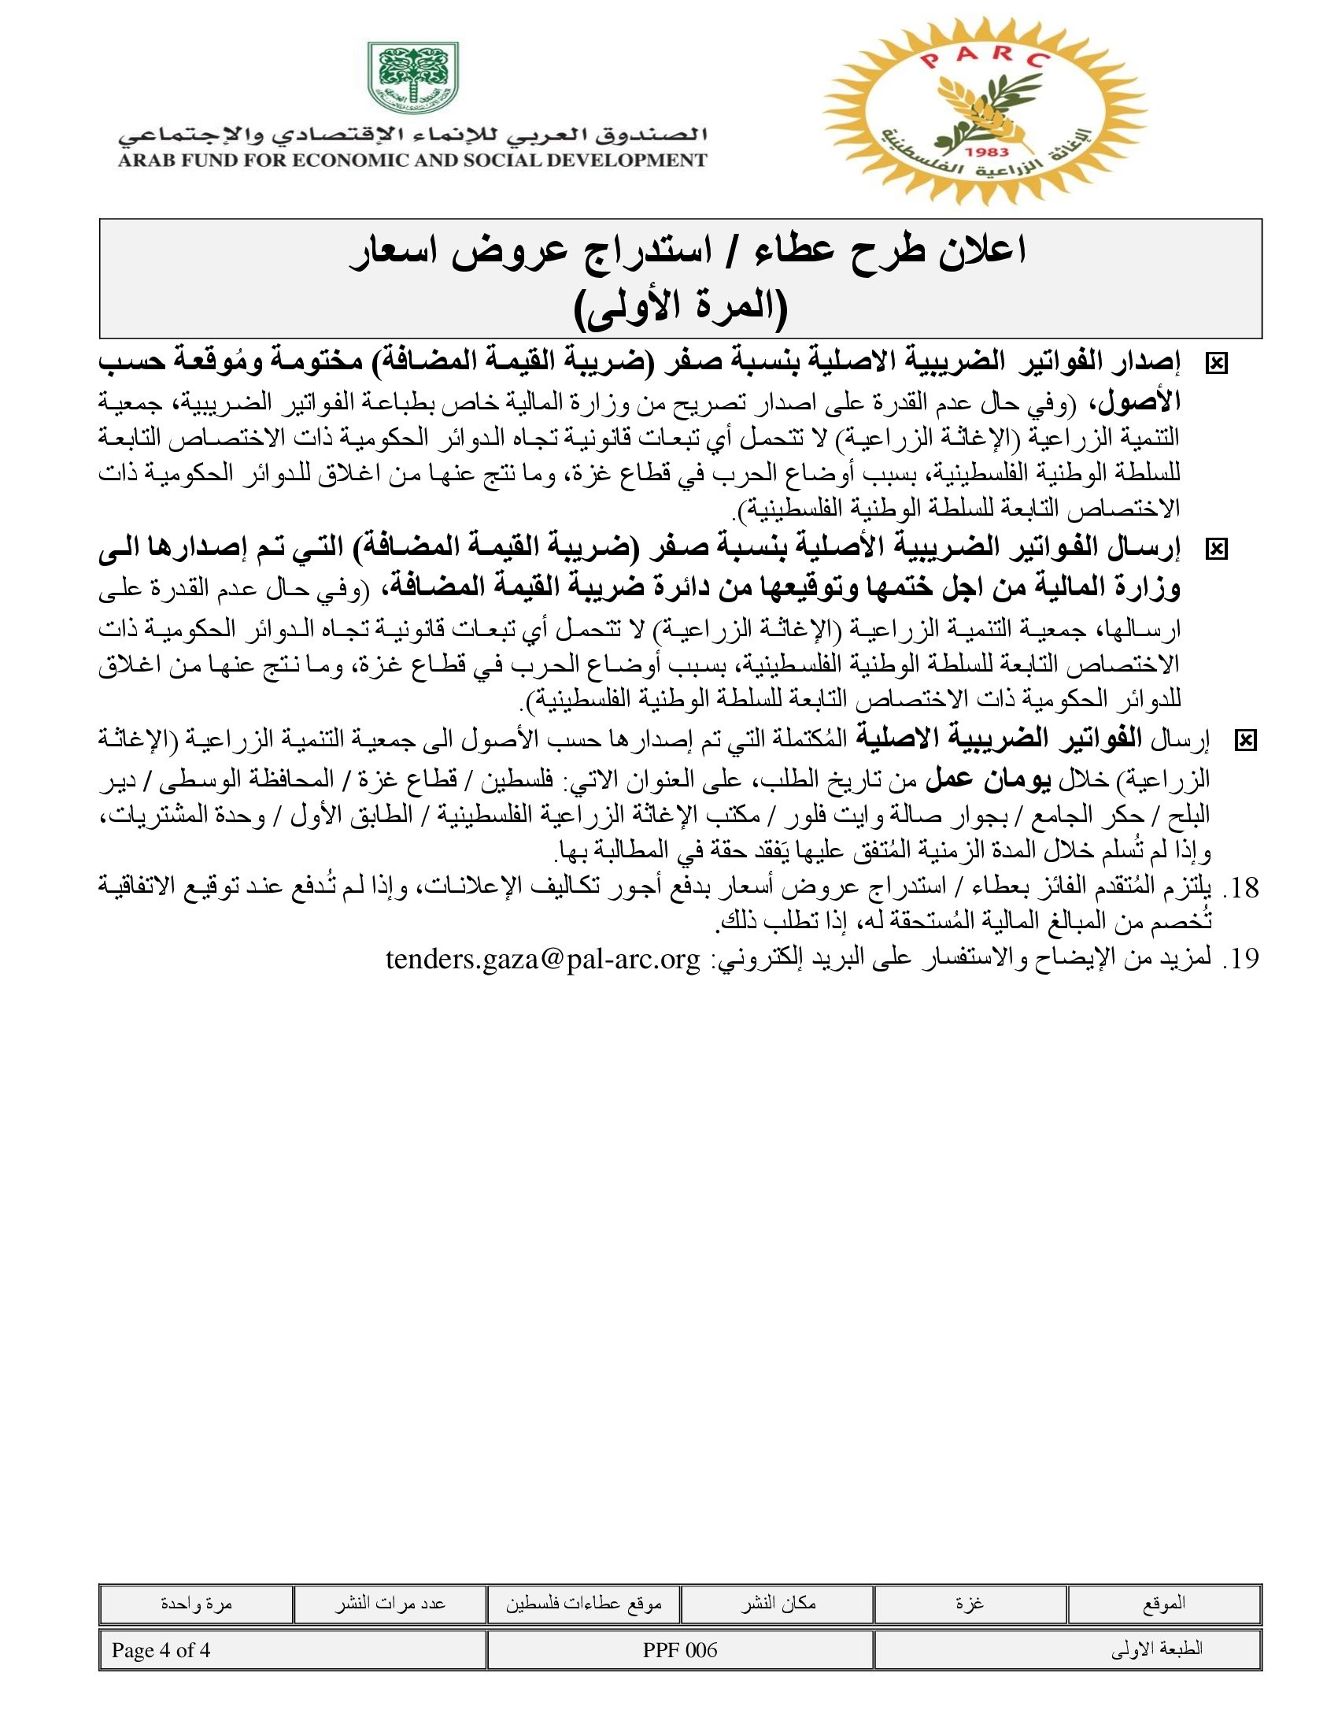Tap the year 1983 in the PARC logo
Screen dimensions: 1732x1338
point(989,151)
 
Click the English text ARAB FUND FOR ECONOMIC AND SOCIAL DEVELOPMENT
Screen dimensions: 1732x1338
point(412,160)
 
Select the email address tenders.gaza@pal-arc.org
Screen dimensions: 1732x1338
point(543,960)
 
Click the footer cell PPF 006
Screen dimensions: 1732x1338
point(680,1650)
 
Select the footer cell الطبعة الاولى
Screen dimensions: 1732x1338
point(1157,1650)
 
